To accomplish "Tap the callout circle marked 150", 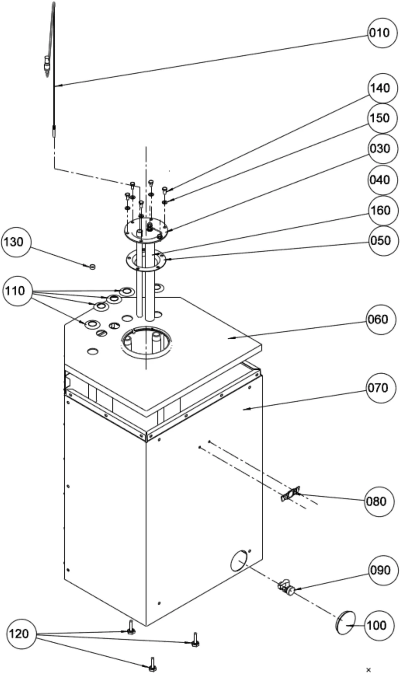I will [x=382, y=118].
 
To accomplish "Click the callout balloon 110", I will [x=18, y=291].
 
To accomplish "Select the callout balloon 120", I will [x=21, y=634].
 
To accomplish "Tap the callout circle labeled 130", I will [x=16, y=242].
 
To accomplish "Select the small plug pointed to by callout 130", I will [x=92, y=267].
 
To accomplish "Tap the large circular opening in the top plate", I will [x=147, y=343].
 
